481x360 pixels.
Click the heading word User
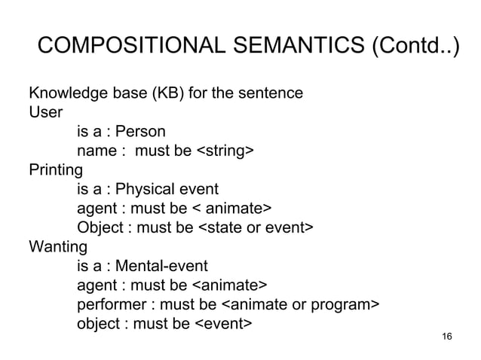(x=43, y=113)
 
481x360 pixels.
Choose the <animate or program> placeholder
(x=299, y=304)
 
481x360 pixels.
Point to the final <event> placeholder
(x=224, y=324)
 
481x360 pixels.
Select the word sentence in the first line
(x=270, y=94)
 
